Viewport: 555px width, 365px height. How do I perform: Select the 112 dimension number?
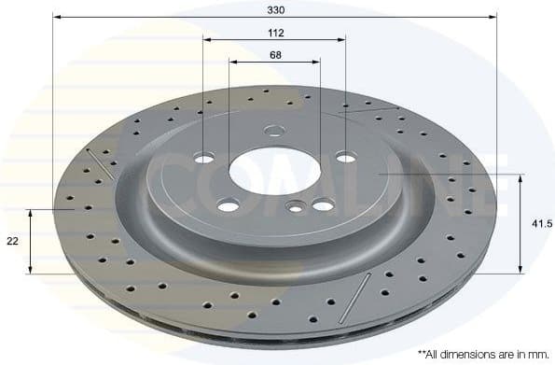[275, 32]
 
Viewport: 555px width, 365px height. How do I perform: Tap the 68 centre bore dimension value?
[275, 55]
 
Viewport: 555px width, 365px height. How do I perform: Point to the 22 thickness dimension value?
[12, 241]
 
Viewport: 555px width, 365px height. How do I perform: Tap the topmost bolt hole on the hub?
[273, 131]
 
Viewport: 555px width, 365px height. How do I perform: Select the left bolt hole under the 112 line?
[204, 158]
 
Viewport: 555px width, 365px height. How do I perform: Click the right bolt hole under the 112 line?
[345, 157]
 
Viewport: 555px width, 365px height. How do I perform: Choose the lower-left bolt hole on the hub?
[228, 204]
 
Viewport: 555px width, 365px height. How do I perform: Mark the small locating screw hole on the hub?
[296, 207]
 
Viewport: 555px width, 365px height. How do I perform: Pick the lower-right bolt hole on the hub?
[323, 205]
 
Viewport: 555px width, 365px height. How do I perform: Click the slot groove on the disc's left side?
[100, 162]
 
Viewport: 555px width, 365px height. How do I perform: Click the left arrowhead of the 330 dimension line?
[56, 17]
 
